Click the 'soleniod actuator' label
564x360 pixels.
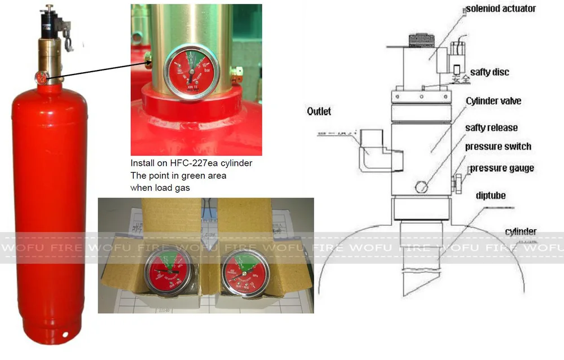(500, 9)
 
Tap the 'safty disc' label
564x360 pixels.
(490, 72)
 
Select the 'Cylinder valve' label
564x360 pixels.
(493, 102)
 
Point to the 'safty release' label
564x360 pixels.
(491, 129)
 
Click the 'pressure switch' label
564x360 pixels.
(498, 147)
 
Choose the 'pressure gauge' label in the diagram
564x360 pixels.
(501, 168)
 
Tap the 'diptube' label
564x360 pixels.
(490, 196)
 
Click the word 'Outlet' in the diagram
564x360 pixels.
(319, 112)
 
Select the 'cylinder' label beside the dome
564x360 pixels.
(521, 232)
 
